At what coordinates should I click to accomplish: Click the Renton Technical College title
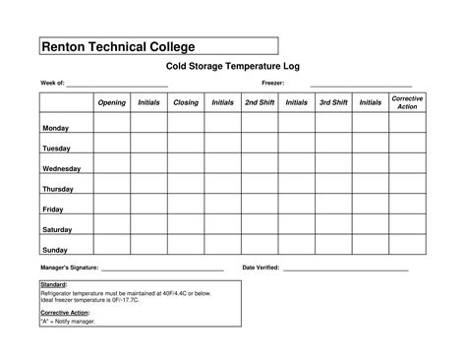pyautogui.click(x=117, y=46)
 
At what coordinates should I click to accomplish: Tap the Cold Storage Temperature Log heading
pyautogui.click(x=230, y=67)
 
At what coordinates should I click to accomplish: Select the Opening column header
pyautogui.click(x=111, y=102)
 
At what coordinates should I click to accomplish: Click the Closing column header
pyautogui.click(x=185, y=102)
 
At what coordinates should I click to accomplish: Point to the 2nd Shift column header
pyautogui.click(x=259, y=102)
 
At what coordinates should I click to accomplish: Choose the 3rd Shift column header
pyautogui.click(x=333, y=102)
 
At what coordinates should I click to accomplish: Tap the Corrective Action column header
pyautogui.click(x=407, y=102)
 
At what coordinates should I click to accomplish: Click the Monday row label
pyautogui.click(x=55, y=129)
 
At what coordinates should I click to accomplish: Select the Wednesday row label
pyautogui.click(x=61, y=169)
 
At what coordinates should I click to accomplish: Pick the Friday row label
pyautogui.click(x=52, y=210)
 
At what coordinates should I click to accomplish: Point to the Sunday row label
pyautogui.click(x=55, y=250)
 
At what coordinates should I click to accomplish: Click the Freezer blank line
pyautogui.click(x=361, y=85)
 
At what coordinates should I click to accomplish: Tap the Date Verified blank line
pyautogui.click(x=345, y=269)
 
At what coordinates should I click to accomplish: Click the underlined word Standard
pyautogui.click(x=53, y=285)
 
